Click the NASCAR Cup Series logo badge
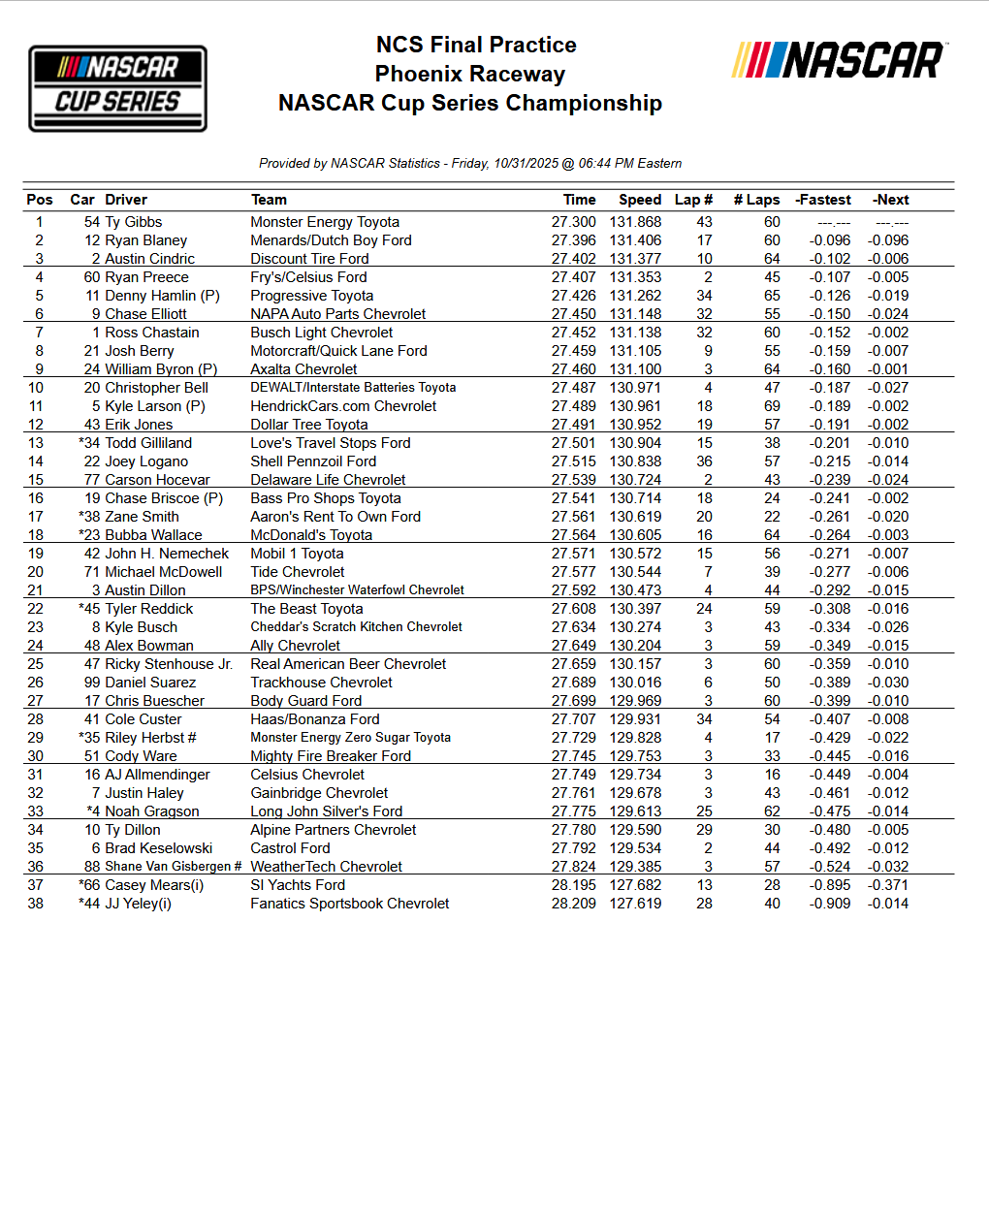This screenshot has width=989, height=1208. (x=117, y=88)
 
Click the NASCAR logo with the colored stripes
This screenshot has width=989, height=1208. (x=839, y=60)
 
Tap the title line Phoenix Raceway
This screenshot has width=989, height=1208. (x=470, y=74)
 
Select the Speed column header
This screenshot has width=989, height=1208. (x=640, y=200)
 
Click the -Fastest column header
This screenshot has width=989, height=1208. (x=823, y=200)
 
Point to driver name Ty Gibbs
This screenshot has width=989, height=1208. (x=134, y=222)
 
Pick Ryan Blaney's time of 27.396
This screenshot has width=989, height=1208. (x=573, y=240)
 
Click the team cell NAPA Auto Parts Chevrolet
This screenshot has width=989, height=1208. (x=338, y=314)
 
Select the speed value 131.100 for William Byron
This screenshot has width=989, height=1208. (x=635, y=369)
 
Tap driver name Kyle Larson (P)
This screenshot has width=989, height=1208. (x=155, y=406)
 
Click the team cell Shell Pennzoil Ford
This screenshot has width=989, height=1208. (x=313, y=461)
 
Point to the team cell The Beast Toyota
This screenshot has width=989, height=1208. (x=306, y=609)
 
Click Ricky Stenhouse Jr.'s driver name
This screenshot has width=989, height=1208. (x=169, y=664)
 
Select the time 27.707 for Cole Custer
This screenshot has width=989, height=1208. (x=573, y=719)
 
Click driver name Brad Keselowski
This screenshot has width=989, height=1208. (x=159, y=848)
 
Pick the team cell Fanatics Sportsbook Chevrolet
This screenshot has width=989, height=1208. (x=350, y=904)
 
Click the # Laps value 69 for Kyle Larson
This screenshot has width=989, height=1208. (x=772, y=406)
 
